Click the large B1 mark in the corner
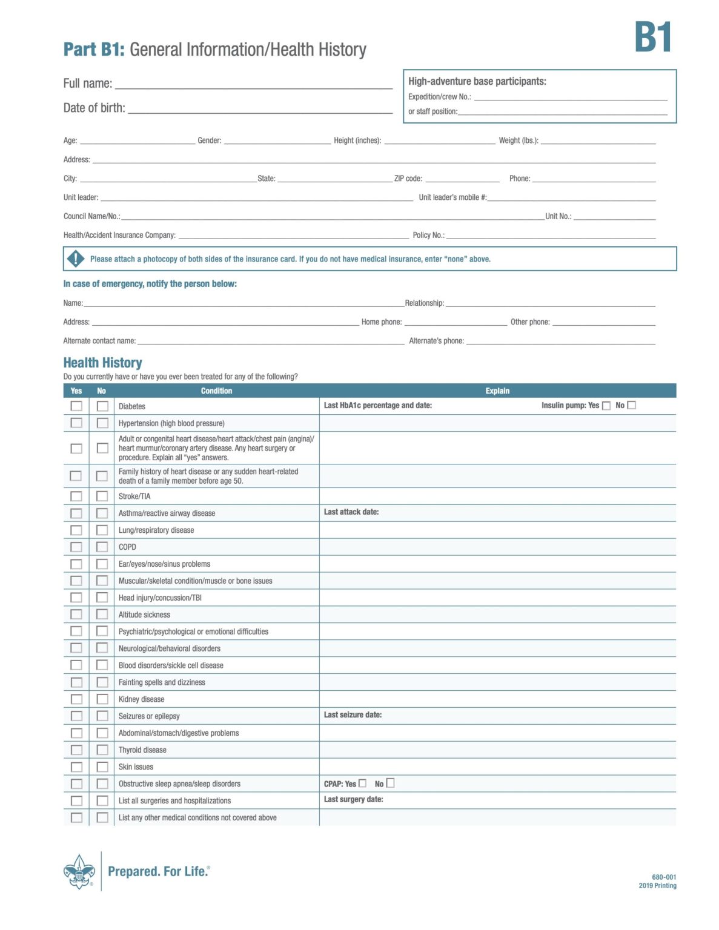(652, 38)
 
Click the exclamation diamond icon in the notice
(75, 259)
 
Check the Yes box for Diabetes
(76, 406)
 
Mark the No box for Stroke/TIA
(102, 496)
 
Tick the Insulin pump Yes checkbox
(606, 406)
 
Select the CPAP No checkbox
(390, 783)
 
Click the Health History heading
(102, 363)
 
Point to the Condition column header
(216, 391)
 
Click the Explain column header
(497, 391)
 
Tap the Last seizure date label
(353, 715)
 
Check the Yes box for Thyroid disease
(76, 750)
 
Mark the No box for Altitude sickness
(102, 614)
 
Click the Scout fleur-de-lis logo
(79, 871)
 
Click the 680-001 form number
(663, 877)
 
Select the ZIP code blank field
(462, 178)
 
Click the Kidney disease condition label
(141, 699)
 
